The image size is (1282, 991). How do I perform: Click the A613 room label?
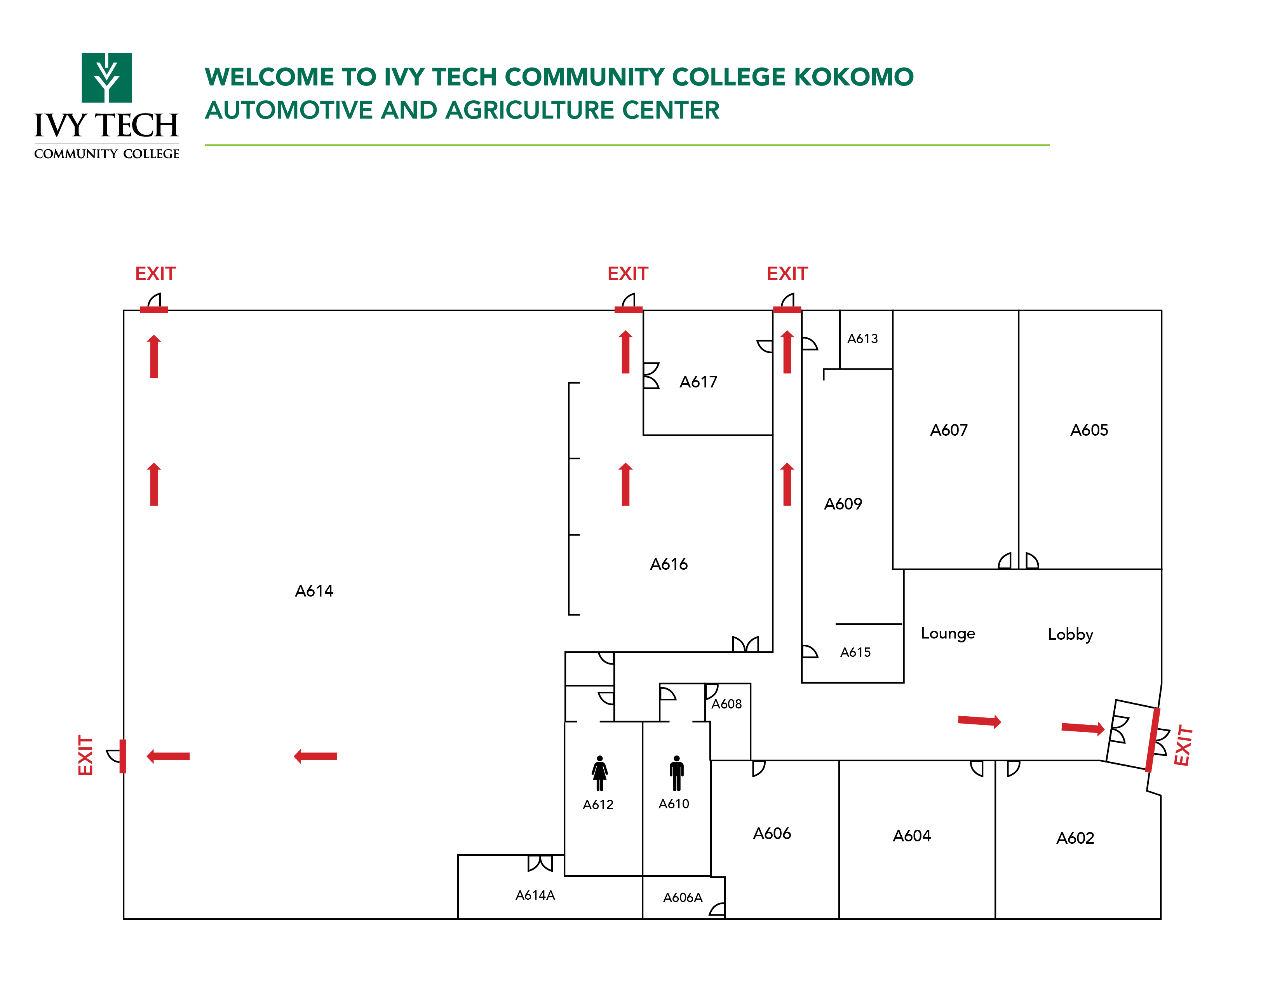pos(862,339)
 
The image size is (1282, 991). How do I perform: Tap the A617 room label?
pos(698,382)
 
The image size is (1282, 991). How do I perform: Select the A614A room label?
pos(535,895)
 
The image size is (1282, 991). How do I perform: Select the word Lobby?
pos(1070,634)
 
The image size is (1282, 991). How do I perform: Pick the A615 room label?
pos(855,652)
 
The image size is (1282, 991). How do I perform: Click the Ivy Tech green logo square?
pos(106,77)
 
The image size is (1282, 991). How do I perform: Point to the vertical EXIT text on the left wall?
pos(86,755)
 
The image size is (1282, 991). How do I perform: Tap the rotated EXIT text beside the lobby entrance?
pos(1182,746)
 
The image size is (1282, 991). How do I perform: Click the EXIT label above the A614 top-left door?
pos(155,274)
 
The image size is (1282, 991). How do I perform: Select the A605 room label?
pos(1089,430)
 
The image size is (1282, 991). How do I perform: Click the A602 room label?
pos(1075,838)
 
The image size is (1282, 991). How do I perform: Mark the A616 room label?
pos(669,564)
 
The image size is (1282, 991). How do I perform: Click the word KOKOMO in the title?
pos(854,77)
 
